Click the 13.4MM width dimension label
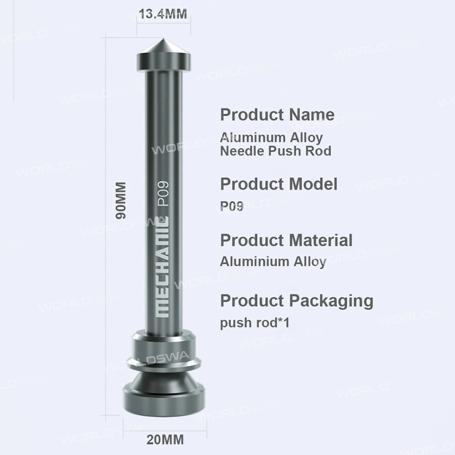tap(163, 14)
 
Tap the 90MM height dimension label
tap(121, 201)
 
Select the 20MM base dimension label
tap(165, 440)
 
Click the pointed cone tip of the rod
tap(164, 39)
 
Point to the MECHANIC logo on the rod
tap(162, 267)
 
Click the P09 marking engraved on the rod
tap(163, 193)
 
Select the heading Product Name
tap(278, 114)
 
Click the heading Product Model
tap(279, 184)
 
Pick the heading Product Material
tap(286, 240)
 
